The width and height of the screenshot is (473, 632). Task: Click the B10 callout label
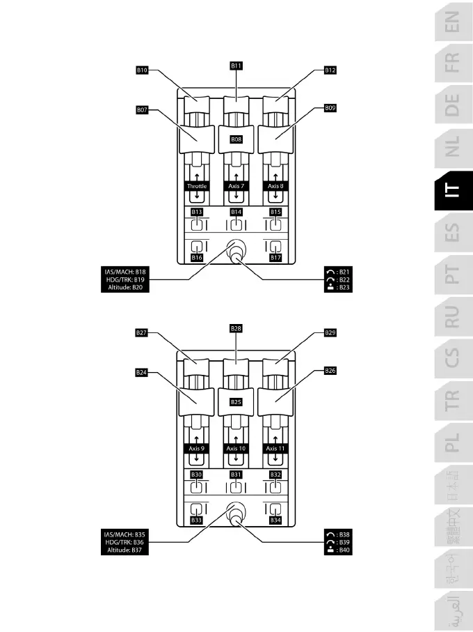[x=142, y=70]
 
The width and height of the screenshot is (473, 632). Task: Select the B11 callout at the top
[x=236, y=65]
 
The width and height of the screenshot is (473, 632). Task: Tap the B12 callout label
[x=330, y=70]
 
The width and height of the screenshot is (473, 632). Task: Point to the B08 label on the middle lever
[x=236, y=139]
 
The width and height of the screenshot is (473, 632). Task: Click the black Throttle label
[x=197, y=187]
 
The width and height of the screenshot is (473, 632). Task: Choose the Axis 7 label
[x=236, y=187]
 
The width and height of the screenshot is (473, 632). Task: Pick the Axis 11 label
[x=276, y=449]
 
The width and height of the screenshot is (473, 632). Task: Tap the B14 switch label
[x=236, y=211]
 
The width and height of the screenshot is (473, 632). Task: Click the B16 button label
[x=197, y=258]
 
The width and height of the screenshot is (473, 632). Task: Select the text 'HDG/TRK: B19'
[x=121, y=279]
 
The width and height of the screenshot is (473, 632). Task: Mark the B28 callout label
[x=236, y=327]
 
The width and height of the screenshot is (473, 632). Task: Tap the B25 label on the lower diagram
[x=236, y=402]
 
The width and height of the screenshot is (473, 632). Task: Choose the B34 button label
[x=276, y=521]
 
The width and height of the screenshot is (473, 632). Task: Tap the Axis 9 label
[x=197, y=449]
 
